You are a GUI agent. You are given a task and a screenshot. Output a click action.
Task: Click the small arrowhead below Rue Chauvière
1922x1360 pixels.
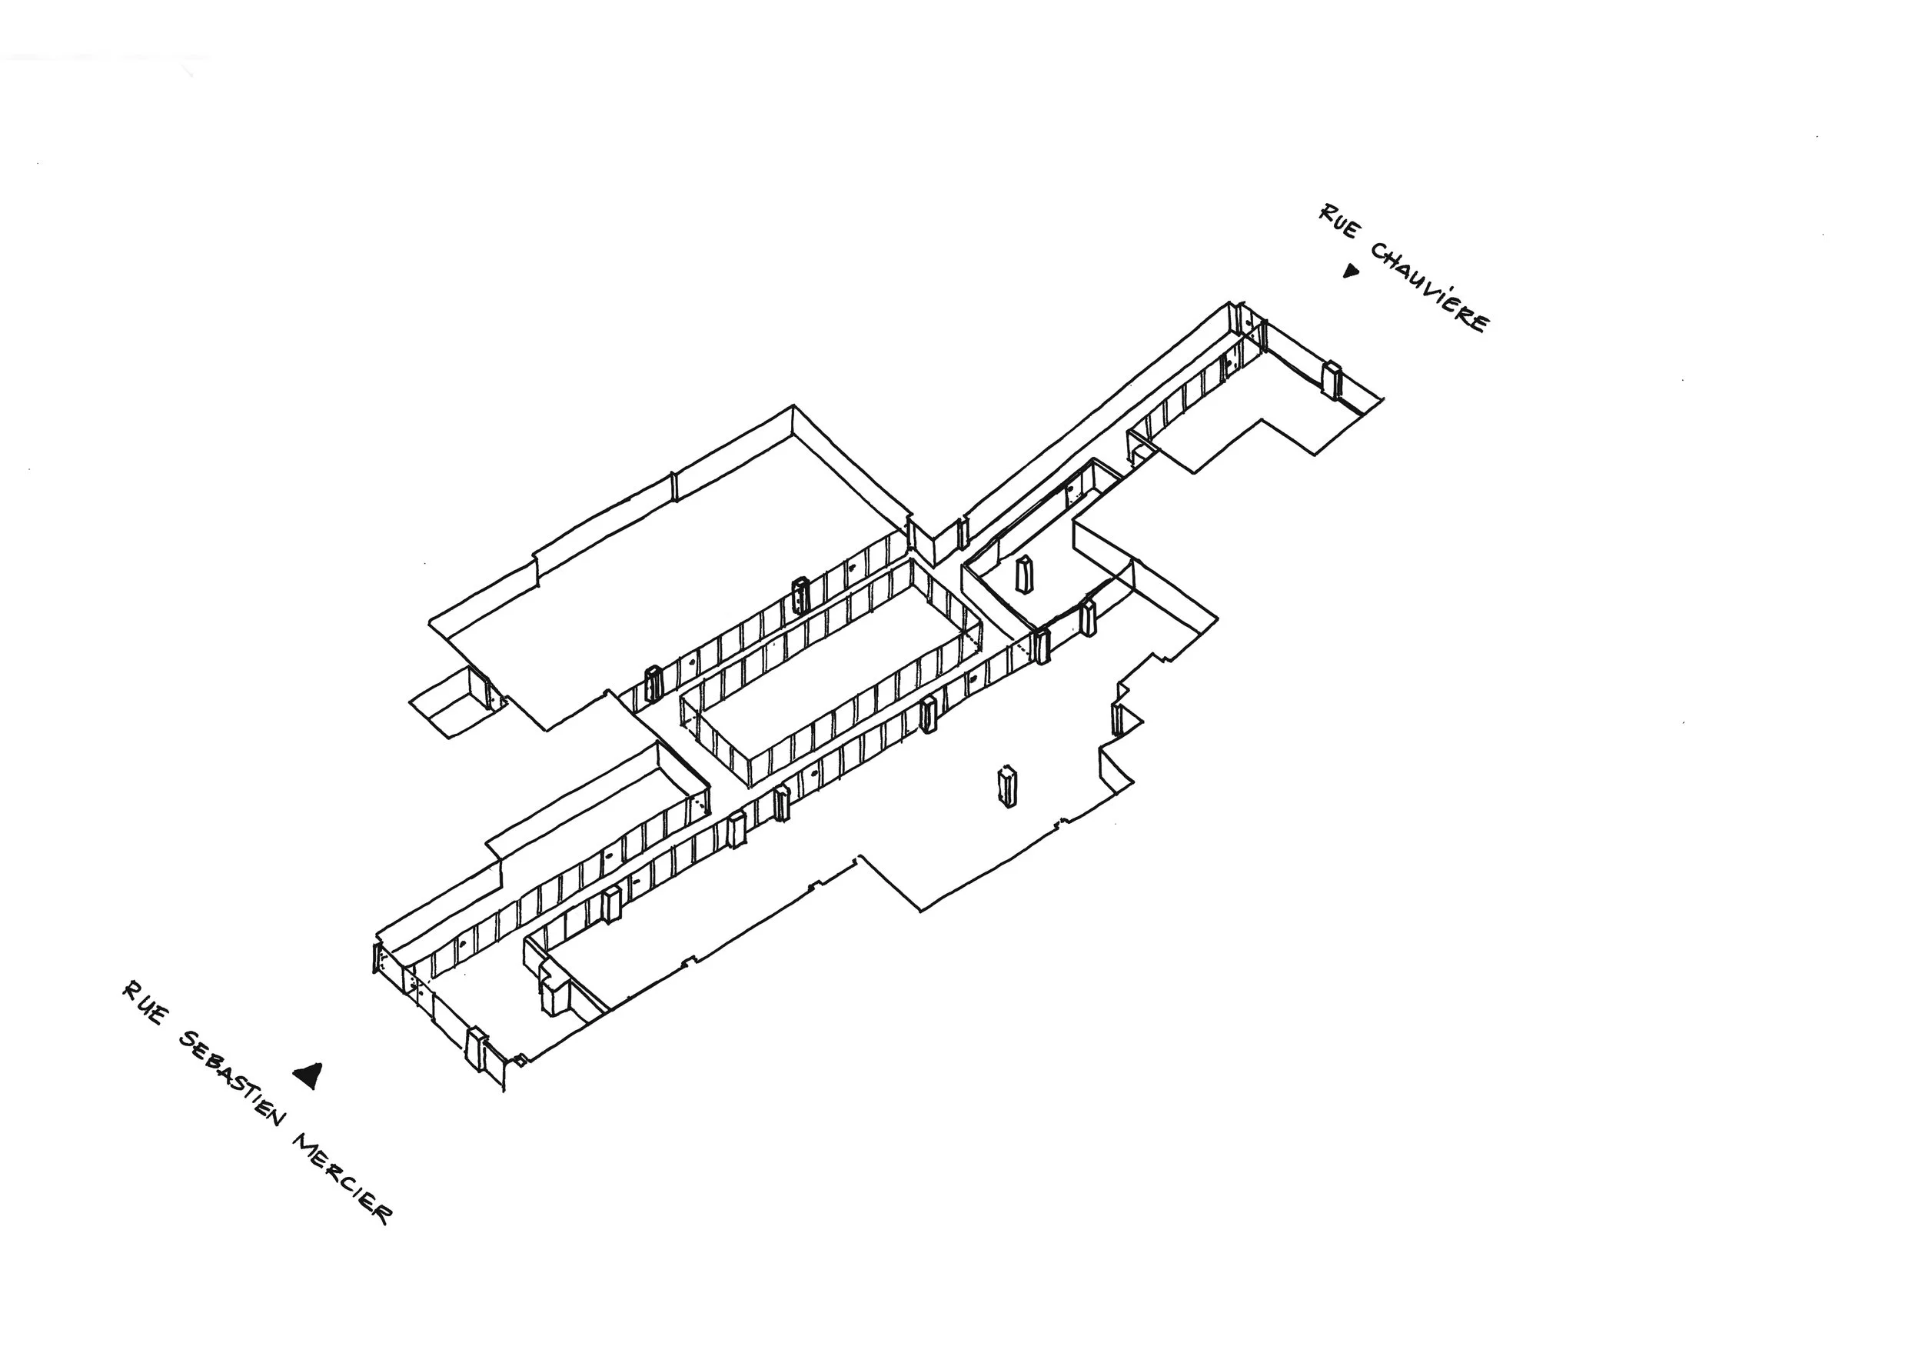click(1349, 271)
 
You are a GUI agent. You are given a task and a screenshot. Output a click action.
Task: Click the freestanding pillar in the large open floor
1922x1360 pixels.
click(1006, 786)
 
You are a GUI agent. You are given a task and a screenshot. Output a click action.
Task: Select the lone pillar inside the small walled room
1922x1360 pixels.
click(1023, 574)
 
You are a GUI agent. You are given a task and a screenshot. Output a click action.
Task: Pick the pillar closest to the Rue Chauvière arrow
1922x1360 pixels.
click(1331, 378)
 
